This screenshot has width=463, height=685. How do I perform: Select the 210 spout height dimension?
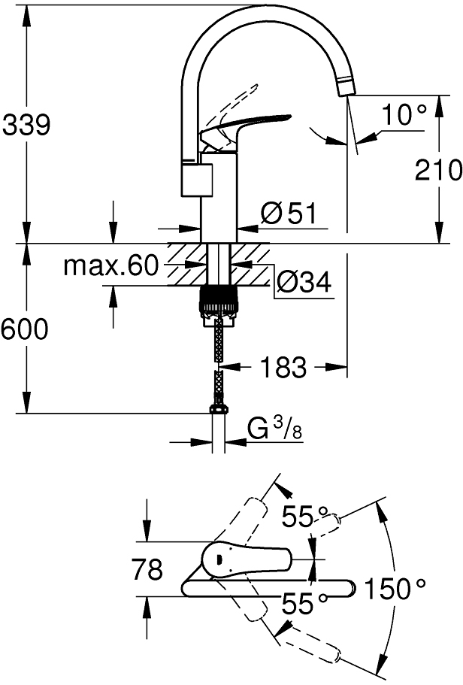coord(438,171)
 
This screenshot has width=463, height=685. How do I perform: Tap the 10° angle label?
coord(404,116)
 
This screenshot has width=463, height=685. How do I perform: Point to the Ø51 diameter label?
coord(287,215)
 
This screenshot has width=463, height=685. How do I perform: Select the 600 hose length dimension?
coord(26,329)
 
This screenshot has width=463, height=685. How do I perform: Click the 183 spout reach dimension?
coord(283,368)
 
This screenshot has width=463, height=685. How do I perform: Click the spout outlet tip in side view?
coord(347,84)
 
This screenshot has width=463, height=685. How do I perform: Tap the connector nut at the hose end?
coord(218,409)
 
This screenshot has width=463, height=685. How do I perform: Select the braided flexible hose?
coord(218,361)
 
